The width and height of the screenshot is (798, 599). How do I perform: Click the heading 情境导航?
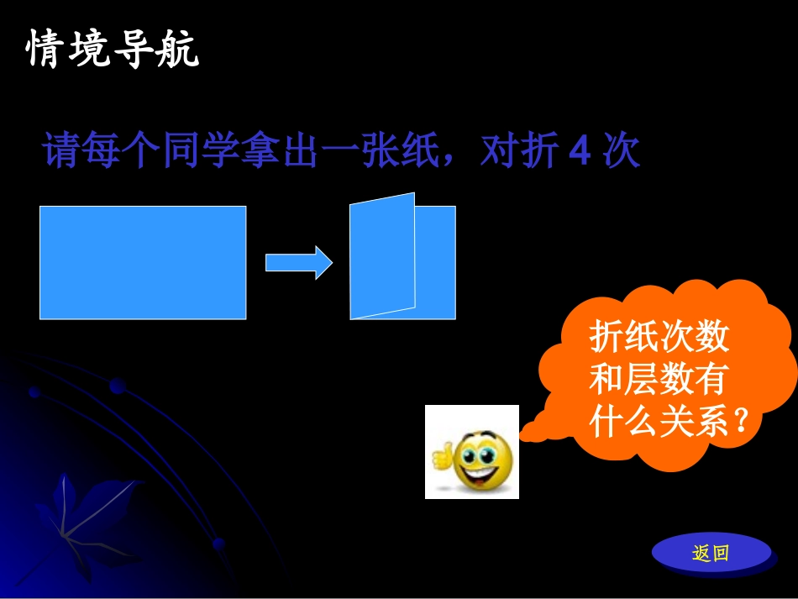click(113, 49)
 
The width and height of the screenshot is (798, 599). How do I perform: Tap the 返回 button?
click(711, 553)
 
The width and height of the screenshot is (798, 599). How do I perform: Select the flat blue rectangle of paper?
click(143, 262)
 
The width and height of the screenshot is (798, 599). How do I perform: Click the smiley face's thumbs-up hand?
click(441, 455)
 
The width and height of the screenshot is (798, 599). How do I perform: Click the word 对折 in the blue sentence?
click(520, 153)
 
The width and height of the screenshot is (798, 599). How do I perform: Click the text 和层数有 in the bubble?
click(657, 380)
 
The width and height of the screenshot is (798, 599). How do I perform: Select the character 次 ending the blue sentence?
click(622, 153)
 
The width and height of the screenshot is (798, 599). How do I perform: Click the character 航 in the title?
click(179, 49)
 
